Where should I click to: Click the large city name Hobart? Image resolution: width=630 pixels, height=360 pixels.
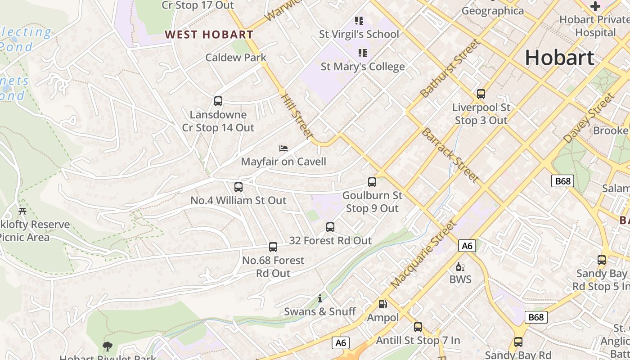pos(559,58)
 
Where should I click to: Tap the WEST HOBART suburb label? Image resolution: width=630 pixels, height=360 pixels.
pos(209,34)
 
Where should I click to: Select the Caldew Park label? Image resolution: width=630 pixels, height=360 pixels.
pos(236,58)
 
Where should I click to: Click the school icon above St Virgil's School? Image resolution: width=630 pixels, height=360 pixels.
pos(359,20)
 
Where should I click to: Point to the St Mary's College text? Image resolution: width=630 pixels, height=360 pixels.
pos(362,67)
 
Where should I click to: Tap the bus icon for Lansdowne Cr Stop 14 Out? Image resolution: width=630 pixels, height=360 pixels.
pos(218,101)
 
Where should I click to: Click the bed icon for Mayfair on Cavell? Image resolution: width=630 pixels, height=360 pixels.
pos(283,148)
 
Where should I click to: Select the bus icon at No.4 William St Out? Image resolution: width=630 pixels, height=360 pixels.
pos(238,187)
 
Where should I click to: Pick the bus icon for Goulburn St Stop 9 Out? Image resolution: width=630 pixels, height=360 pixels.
pos(372,182)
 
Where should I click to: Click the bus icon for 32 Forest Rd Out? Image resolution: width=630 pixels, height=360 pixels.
pos(330,227)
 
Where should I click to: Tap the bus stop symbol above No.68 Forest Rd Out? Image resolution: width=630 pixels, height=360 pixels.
pos(273,247)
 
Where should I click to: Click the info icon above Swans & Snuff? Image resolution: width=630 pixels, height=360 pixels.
pos(320,298)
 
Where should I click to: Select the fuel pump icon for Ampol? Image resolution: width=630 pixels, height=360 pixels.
pos(382,304)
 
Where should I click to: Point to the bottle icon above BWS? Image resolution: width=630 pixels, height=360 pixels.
pos(460,266)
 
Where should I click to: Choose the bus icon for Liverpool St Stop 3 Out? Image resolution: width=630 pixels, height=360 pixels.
pos(481,94)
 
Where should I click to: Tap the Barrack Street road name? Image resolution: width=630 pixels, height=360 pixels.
pos(450,155)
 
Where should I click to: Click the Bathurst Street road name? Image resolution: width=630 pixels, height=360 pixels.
pos(450,68)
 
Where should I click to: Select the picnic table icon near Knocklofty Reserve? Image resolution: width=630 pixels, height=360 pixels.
pos(22,211)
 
